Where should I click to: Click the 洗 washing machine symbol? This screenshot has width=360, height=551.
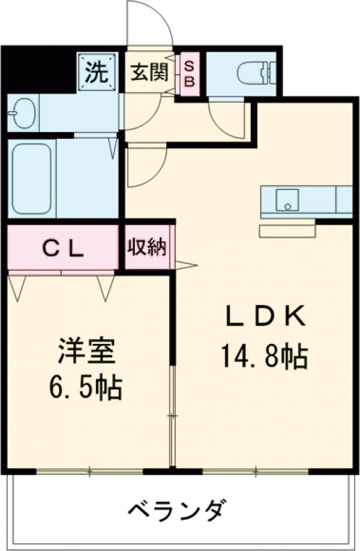point(95,73)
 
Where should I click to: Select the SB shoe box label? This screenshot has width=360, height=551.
point(188,74)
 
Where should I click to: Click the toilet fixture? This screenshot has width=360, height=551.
point(255,74)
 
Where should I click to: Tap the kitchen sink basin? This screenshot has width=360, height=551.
point(287,200)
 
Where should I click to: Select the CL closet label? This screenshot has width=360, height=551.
point(62,247)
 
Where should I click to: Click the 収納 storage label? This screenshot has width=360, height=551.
point(147,247)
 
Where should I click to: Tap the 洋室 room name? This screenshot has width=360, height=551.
point(86,351)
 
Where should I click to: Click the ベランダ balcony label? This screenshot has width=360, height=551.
point(178,511)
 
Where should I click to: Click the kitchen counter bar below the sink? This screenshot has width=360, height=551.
point(287,231)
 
